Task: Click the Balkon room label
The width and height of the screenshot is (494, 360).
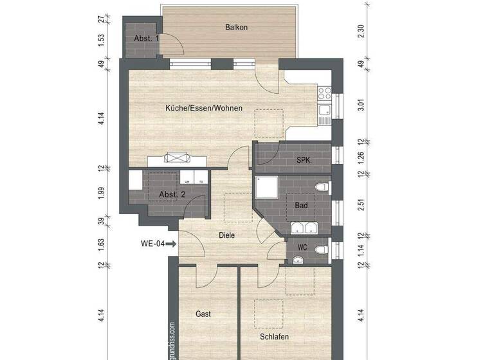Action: pos(236,28)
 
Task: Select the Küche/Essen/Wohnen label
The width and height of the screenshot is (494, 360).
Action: pos(204,108)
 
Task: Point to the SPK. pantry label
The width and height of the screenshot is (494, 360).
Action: pos(304,160)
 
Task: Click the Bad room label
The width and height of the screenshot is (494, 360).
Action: pos(301,205)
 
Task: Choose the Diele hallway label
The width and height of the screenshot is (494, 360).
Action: pos(226,235)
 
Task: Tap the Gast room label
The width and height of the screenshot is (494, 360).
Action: pos(203,314)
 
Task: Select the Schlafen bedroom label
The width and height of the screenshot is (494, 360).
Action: pos(274,337)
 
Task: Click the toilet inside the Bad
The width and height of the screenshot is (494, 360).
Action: pos(322,187)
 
